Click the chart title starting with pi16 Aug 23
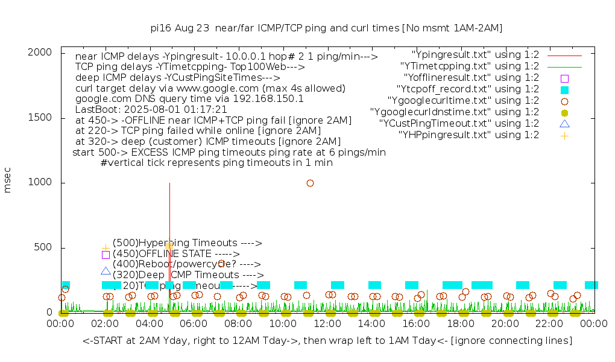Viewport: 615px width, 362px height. coord(326,28)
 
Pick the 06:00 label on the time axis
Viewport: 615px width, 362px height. coord(194,324)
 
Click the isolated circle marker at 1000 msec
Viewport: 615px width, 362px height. coord(310,183)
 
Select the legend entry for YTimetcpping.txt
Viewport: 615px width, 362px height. coord(470,66)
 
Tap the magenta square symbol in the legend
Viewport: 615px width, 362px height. coord(564,78)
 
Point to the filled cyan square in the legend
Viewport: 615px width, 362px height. coord(564,89)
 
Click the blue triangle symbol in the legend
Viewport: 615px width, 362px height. coord(564,124)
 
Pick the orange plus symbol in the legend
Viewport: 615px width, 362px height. coord(564,135)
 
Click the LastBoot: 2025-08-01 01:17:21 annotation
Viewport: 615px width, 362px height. coord(151,110)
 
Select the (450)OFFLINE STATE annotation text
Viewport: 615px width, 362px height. coord(176,254)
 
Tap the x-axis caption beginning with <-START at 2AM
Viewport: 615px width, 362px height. coord(327,341)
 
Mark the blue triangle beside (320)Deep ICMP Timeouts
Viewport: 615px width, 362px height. coord(106,271)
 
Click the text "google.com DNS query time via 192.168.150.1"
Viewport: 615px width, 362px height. coord(189,99)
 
